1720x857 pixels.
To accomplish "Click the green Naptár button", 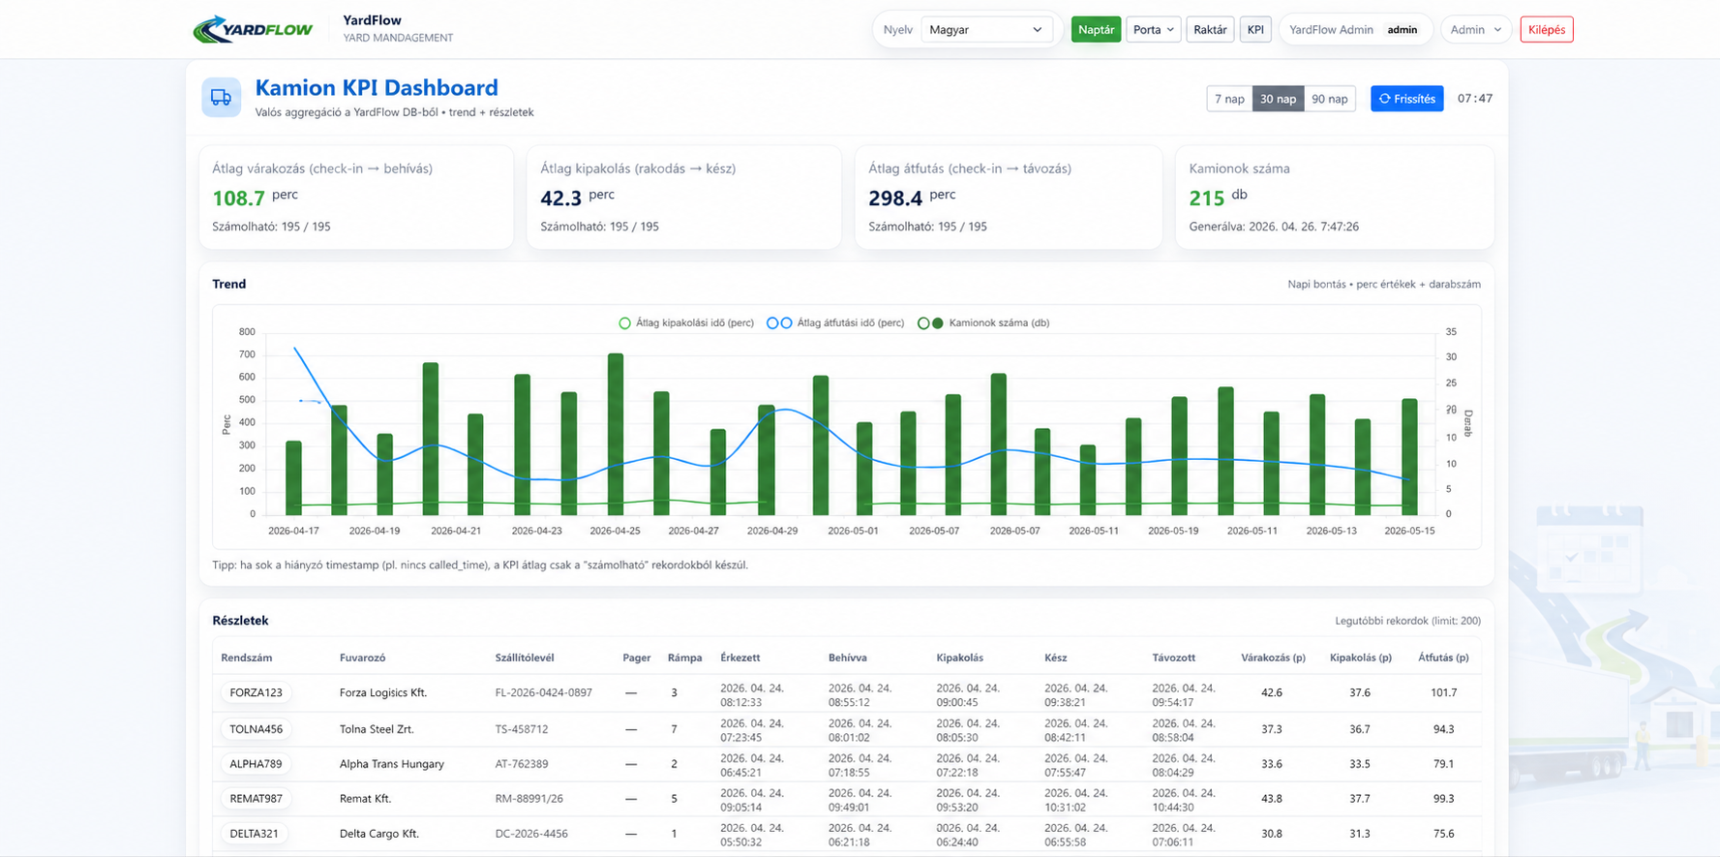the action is coord(1096,30).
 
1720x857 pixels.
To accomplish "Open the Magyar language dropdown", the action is coord(985,30).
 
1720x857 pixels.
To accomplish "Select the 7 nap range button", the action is coord(1229,99).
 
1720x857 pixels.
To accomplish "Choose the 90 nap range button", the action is coord(1329,99).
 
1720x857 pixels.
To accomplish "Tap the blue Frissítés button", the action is coord(1406,99).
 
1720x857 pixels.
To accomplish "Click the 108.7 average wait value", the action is coord(238,199).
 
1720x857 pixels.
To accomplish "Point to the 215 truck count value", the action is coord(1207,199).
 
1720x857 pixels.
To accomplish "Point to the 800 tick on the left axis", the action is coord(247,332).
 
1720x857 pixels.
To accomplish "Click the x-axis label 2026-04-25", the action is coord(615,531).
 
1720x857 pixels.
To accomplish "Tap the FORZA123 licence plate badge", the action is coord(256,692).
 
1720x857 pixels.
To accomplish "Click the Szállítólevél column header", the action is coord(525,658).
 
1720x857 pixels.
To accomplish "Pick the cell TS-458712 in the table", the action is coord(522,729).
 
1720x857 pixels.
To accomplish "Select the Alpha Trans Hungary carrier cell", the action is coord(392,764).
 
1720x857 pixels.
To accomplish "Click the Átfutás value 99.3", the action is coord(1443,799).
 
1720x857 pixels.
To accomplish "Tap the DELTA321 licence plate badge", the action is coord(255,834).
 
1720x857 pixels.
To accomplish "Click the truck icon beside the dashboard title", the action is coord(221,98).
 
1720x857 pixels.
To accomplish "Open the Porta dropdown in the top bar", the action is coord(1153,30).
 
